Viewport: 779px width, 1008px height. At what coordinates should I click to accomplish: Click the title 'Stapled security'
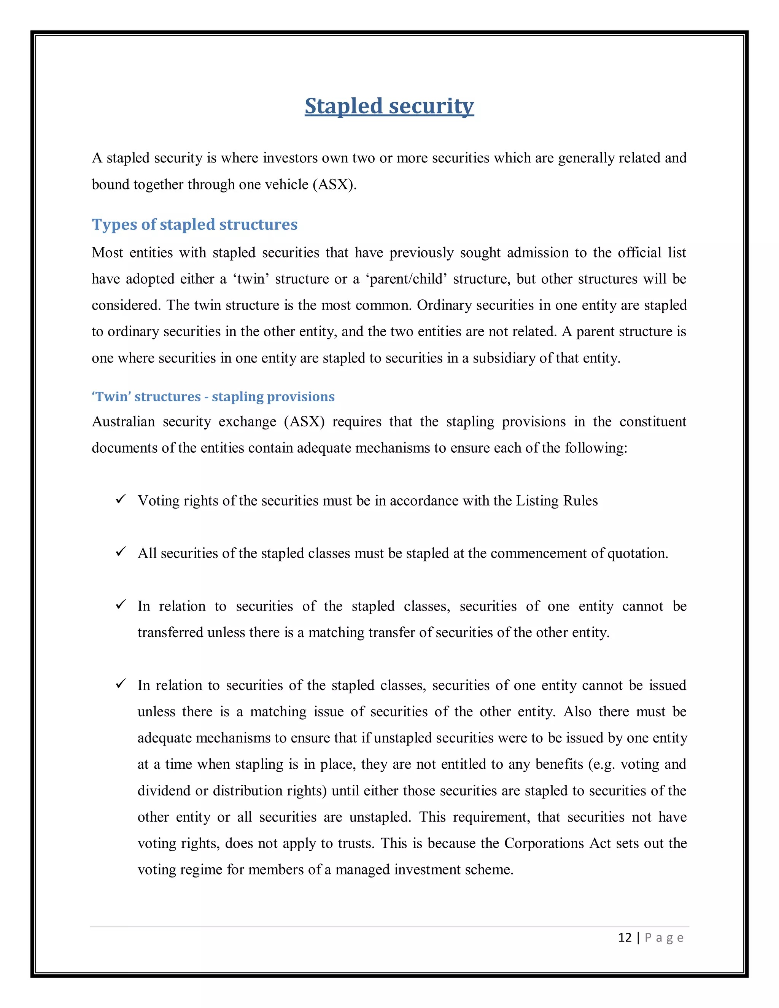click(389, 106)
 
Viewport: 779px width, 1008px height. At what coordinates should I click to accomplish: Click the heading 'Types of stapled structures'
click(194, 224)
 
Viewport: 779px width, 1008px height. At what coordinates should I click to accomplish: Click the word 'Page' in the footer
click(664, 938)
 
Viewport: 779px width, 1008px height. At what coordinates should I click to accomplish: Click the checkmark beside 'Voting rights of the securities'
click(121, 499)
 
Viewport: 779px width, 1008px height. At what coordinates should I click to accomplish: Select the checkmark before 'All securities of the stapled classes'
click(121, 552)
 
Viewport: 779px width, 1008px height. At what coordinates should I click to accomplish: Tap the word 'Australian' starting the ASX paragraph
click(123, 421)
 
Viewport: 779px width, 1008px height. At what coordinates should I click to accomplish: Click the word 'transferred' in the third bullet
click(170, 632)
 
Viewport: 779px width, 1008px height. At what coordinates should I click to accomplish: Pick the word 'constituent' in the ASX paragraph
click(653, 421)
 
